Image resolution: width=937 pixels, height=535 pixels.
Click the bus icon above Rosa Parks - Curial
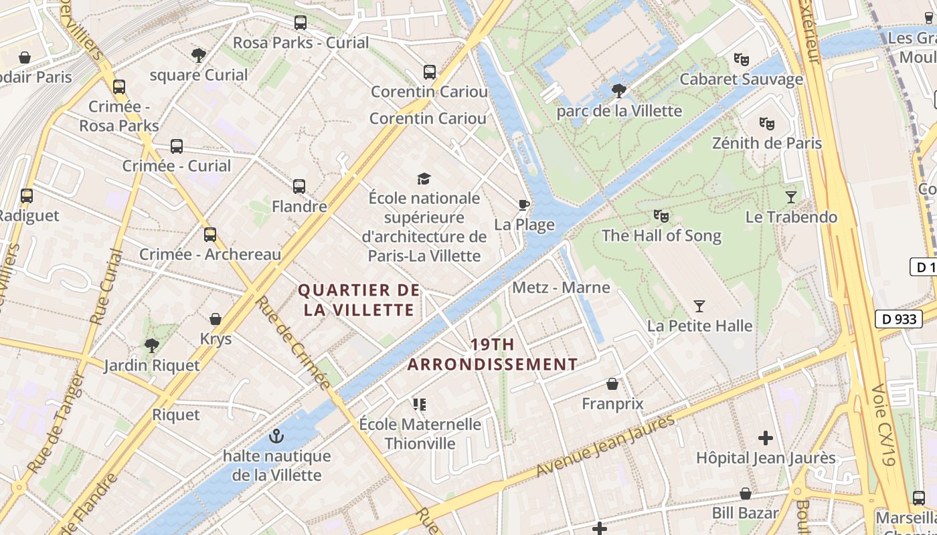[x=301, y=23]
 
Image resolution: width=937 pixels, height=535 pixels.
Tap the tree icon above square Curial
[x=198, y=55]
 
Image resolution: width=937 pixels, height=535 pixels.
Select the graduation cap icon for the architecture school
[x=424, y=179]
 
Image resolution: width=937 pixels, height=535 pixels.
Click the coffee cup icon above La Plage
[x=524, y=205]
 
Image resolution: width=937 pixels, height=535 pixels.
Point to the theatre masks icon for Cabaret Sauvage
[x=741, y=60]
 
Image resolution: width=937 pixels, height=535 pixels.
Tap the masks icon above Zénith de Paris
[x=766, y=123]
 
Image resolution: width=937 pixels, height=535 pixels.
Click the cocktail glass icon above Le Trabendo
[x=791, y=197]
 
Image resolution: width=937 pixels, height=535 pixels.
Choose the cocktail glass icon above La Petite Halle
[x=699, y=306]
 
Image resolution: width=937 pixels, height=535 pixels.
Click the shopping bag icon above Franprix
[x=612, y=384]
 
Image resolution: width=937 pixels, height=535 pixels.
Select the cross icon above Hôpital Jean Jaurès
[x=766, y=438]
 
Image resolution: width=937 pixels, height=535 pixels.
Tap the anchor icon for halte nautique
[x=276, y=436]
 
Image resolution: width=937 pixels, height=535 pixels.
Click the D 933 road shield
[x=899, y=319]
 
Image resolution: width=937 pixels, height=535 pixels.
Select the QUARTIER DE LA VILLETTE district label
[x=359, y=300]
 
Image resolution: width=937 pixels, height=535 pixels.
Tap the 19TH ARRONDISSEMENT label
[x=493, y=354]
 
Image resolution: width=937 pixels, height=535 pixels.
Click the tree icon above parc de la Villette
[x=619, y=90]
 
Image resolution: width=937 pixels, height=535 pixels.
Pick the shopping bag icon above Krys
[x=216, y=319]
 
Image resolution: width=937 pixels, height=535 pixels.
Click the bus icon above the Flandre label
[x=299, y=187]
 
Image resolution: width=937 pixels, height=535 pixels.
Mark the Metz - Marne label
[x=561, y=288]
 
